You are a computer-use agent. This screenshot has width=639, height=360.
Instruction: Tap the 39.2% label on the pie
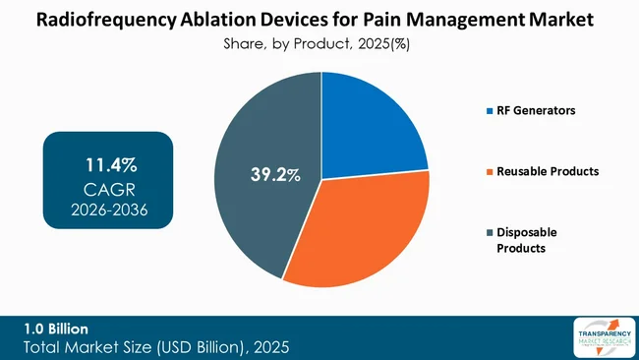point(272,175)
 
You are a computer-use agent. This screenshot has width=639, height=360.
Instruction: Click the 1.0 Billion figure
point(56,329)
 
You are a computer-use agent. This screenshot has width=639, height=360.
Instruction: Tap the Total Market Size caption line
point(156,347)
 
